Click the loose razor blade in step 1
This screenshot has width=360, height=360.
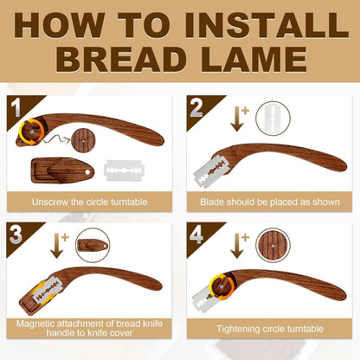pyautogui.click(x=125, y=170)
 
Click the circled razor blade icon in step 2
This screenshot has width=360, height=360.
pyautogui.click(x=274, y=119)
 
